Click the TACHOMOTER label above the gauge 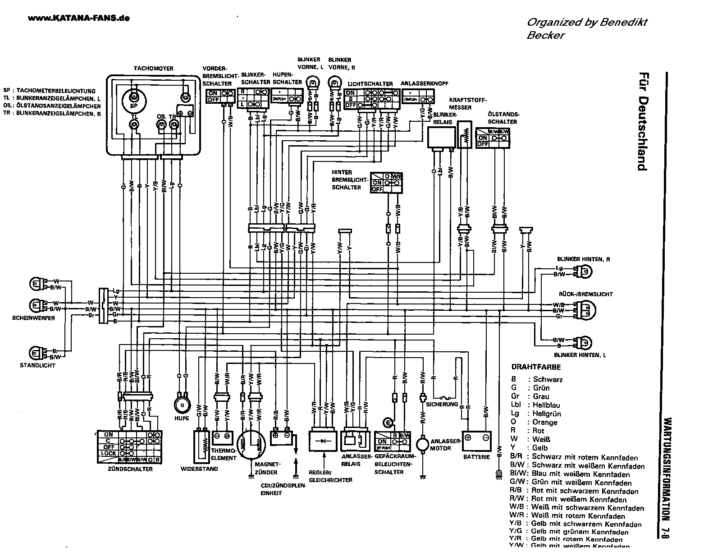(x=153, y=69)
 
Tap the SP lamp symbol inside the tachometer (x=133, y=98)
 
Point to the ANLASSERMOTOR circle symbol (x=422, y=444)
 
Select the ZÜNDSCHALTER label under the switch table (x=130, y=469)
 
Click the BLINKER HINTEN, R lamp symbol (x=585, y=271)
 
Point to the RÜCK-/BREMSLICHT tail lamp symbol (x=587, y=310)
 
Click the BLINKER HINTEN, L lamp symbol (x=585, y=342)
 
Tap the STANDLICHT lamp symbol (x=35, y=353)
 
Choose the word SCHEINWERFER (x=34, y=318)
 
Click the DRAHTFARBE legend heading (x=530, y=368)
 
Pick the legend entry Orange (x=545, y=422)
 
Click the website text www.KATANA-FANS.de (x=79, y=18)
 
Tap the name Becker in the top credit (x=545, y=35)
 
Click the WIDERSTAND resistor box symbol (x=201, y=446)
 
